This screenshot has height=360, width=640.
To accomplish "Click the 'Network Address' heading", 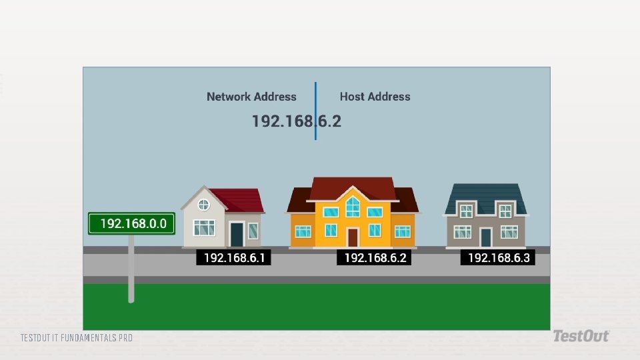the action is (251, 97).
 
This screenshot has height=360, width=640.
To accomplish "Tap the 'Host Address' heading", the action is (375, 97).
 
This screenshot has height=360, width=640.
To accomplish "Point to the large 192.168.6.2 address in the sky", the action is (296, 121).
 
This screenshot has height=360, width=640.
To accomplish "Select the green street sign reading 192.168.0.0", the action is (131, 224).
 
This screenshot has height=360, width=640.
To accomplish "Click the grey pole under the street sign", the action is (131, 269).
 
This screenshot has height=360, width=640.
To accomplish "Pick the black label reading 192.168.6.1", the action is (233, 257).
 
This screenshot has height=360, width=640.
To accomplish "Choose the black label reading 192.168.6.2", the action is (374, 257).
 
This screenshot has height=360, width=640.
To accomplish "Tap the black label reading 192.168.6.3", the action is (498, 257).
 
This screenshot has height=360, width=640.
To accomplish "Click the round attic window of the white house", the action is (204, 205).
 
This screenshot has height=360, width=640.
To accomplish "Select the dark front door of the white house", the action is (237, 234).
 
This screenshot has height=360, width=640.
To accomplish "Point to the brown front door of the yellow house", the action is (353, 237).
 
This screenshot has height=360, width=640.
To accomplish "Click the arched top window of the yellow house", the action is (353, 207).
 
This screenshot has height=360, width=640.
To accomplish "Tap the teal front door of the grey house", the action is (486, 237).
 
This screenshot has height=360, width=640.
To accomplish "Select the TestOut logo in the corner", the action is (581, 336).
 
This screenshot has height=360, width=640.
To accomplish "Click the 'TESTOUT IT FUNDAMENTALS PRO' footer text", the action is (76, 338).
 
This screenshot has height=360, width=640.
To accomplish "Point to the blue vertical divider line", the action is (315, 111).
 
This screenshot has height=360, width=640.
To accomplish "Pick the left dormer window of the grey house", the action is (466, 211).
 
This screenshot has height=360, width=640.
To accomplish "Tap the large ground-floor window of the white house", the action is (204, 228).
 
